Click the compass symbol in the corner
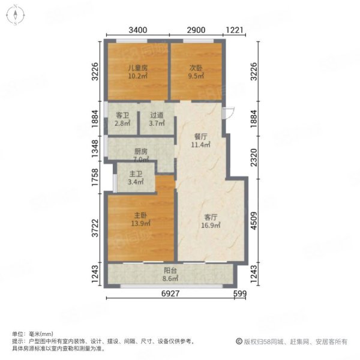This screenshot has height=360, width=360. tap(15, 15)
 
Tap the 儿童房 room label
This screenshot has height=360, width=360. tap(137, 68)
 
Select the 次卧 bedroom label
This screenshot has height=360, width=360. tap(196, 68)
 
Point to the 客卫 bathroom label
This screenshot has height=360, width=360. tap(122, 115)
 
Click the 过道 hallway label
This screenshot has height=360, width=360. tap(157, 115)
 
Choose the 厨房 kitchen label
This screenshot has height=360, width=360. tap(140, 151)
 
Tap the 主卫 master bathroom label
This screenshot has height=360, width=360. tap(136, 174)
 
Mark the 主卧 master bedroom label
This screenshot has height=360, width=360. tap(140, 215)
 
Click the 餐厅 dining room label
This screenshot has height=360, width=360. tap(200, 137)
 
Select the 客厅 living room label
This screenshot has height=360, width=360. tap(211, 217)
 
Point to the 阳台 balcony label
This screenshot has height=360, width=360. tap(170, 271)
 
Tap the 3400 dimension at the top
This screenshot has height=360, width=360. tap(138, 30)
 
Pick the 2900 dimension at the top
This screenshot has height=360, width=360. tap(196, 30)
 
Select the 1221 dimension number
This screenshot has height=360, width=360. tap(235, 30)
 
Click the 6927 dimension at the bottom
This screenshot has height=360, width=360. tap(170, 293)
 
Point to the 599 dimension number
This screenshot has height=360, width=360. tap(240, 293)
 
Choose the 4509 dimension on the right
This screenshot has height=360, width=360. tap(254, 221)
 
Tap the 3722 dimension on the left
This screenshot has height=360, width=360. tap(95, 228)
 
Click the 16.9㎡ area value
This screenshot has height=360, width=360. tap(211, 225)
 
